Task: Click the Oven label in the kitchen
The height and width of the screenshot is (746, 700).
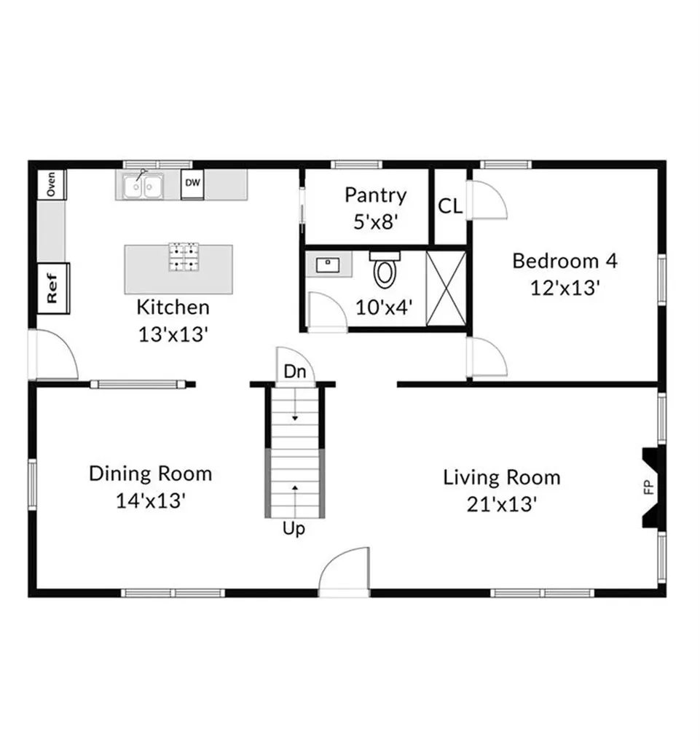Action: pos(51,184)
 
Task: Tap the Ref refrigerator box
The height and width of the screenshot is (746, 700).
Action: pos(52,288)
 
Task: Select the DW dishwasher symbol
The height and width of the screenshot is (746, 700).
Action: pos(192,184)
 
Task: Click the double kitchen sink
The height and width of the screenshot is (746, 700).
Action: pos(142,186)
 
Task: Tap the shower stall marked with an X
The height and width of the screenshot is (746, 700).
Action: pos(445,287)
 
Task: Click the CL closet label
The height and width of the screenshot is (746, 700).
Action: pos(449,207)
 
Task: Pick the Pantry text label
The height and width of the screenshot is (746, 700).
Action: pos(375,195)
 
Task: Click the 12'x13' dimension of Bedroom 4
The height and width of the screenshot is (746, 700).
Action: pos(565,287)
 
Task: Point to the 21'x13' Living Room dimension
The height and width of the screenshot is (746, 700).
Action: pos(502,503)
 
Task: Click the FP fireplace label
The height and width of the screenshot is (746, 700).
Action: pos(649,487)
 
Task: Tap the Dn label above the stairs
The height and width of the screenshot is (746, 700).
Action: pos(294,372)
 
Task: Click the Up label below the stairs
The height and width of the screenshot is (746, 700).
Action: pos(294,530)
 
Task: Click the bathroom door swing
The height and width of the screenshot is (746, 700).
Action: pos(325,313)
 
